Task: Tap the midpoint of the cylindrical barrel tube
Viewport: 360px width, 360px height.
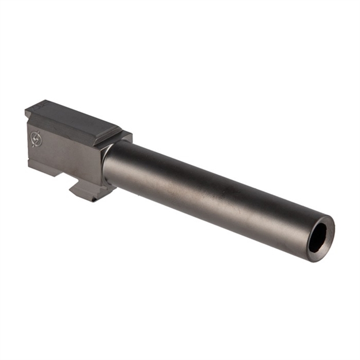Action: (213, 193)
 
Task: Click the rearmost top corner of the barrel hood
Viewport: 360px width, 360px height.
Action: (26, 110)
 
